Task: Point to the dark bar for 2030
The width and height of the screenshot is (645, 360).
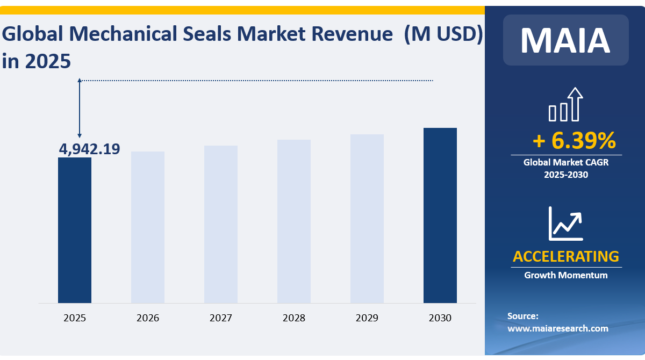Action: coord(440,215)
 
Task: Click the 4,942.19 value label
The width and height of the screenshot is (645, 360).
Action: coord(89,149)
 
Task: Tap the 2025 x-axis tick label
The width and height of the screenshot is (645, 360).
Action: coord(75,318)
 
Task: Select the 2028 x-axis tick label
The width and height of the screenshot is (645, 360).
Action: coord(294,318)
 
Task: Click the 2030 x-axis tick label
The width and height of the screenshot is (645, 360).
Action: coord(440,318)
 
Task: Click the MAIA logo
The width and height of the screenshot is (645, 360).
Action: coord(565,40)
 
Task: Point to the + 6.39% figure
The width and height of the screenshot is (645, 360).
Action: coord(574,141)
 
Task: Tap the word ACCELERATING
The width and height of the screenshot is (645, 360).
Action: coord(566,256)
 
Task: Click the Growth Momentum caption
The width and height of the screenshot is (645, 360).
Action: coord(566,275)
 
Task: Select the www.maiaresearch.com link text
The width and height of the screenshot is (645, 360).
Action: coord(558,328)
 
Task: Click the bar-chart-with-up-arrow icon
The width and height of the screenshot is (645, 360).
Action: coord(566,105)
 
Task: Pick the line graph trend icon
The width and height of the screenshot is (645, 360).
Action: coord(565,223)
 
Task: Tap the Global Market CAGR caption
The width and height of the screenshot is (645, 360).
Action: coord(566,162)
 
